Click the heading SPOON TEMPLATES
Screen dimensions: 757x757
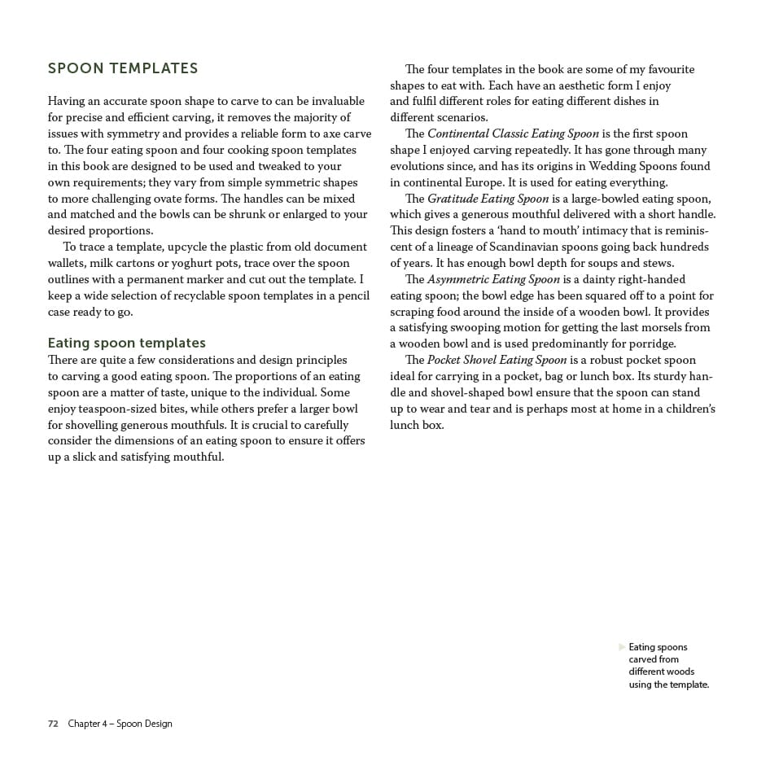tap(123, 68)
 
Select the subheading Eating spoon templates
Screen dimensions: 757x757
tap(127, 343)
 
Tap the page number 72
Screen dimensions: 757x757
tap(53, 724)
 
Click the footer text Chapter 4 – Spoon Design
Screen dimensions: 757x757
tap(120, 724)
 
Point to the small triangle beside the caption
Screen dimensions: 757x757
tap(623, 647)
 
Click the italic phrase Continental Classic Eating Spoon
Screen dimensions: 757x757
tap(513, 133)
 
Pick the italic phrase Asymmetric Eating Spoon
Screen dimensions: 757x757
tap(493, 279)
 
